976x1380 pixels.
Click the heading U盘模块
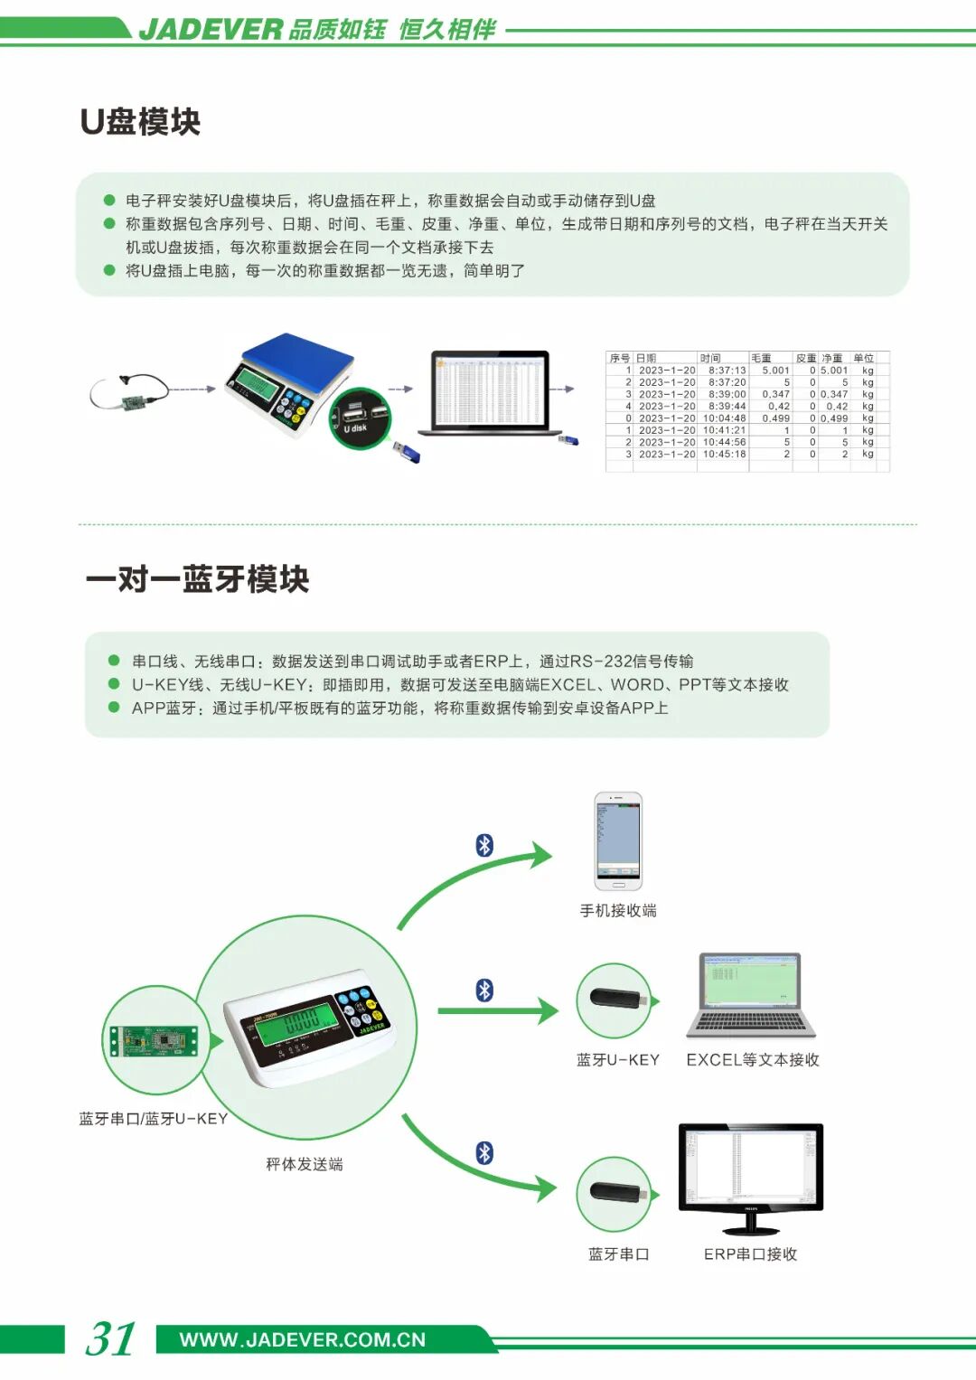point(140,122)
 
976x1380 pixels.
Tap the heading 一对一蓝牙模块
point(198,579)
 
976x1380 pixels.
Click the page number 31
point(110,1338)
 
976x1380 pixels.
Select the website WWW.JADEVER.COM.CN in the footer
point(302,1339)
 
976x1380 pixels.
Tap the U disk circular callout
point(359,418)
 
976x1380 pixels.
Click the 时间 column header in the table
point(710,358)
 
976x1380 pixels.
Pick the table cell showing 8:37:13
point(727,371)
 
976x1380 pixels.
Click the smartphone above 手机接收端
point(618,840)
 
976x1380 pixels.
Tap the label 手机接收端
point(618,911)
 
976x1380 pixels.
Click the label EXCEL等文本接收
point(752,1060)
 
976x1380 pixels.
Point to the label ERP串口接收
point(750,1254)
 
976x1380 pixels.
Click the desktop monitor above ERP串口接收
point(750,1175)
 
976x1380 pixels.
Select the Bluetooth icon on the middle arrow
point(485,990)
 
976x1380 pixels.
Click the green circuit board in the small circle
point(153,1040)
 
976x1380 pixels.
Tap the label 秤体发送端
point(305,1164)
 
